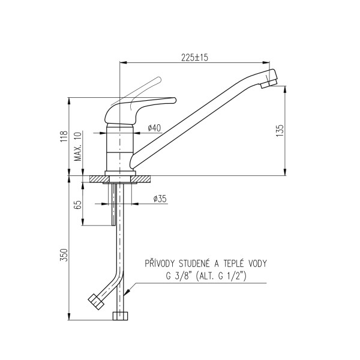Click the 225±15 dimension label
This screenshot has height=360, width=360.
pyautogui.click(x=194, y=58)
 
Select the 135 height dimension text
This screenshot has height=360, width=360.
pyautogui.click(x=280, y=131)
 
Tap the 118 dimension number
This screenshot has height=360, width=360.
pyautogui.click(x=64, y=136)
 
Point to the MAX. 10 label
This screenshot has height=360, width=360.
pyautogui.click(x=78, y=147)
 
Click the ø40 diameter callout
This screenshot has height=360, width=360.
pyautogui.click(x=154, y=128)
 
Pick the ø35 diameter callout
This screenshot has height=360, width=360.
pyautogui.click(x=160, y=199)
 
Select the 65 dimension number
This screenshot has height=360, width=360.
pyautogui.click(x=78, y=205)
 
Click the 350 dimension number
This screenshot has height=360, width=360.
pyautogui.click(x=64, y=255)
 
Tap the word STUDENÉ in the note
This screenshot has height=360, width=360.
pyautogui.click(x=194, y=263)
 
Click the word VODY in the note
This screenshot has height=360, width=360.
pyautogui.click(x=258, y=263)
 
